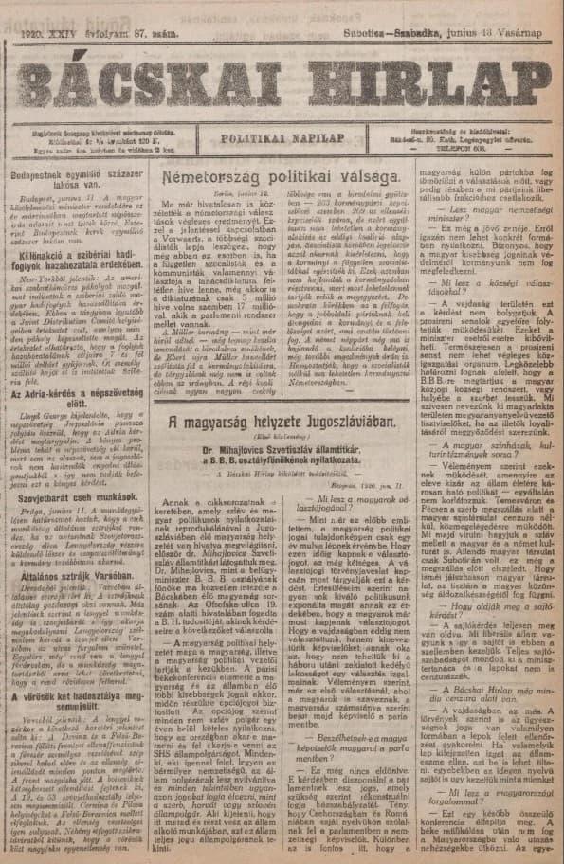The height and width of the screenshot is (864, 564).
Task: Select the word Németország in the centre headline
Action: [x=211, y=178]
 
